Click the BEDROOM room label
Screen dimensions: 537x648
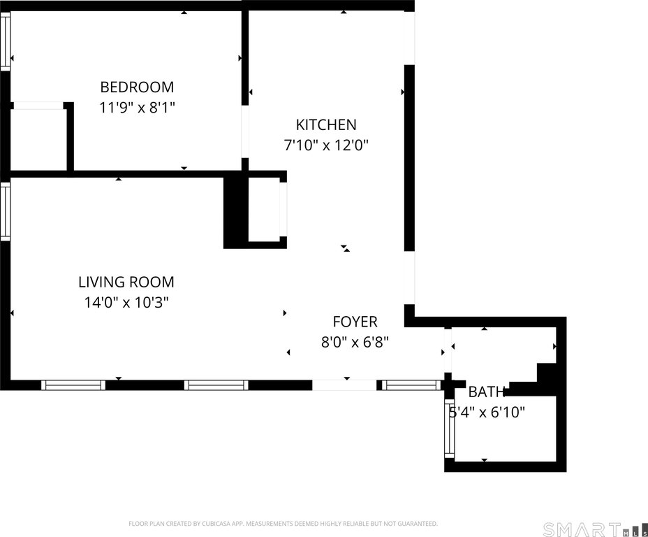(x=137, y=87)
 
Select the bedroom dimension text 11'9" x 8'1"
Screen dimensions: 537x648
(x=137, y=108)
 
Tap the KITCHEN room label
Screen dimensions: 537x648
(x=326, y=125)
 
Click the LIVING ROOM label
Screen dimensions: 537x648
(x=126, y=282)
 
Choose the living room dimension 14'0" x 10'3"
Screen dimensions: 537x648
(x=126, y=303)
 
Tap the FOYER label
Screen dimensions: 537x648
(x=355, y=322)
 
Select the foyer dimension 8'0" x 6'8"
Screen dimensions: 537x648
(x=354, y=343)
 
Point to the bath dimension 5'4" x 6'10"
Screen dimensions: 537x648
(x=487, y=413)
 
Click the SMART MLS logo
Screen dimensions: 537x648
(x=591, y=529)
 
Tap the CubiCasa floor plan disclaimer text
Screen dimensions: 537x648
(x=283, y=524)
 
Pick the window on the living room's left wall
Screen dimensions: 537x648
(x=5, y=211)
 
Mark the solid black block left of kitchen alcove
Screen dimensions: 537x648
(x=235, y=212)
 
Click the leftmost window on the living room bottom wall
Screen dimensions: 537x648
(x=73, y=385)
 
